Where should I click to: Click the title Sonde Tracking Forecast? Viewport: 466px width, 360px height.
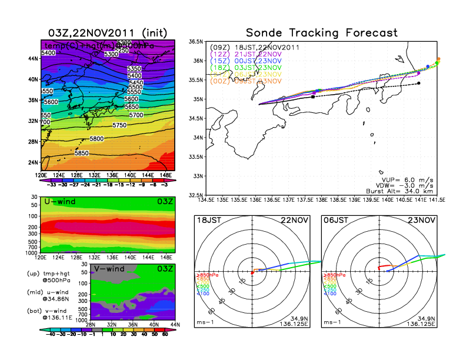pyautogui.click(x=321, y=32)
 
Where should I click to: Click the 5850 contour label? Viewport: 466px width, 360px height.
pyautogui.click(x=82, y=153)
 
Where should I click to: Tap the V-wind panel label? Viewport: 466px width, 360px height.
pyautogui.click(x=110, y=269)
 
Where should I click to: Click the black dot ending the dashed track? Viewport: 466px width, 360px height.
pyautogui.click(x=418, y=84)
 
